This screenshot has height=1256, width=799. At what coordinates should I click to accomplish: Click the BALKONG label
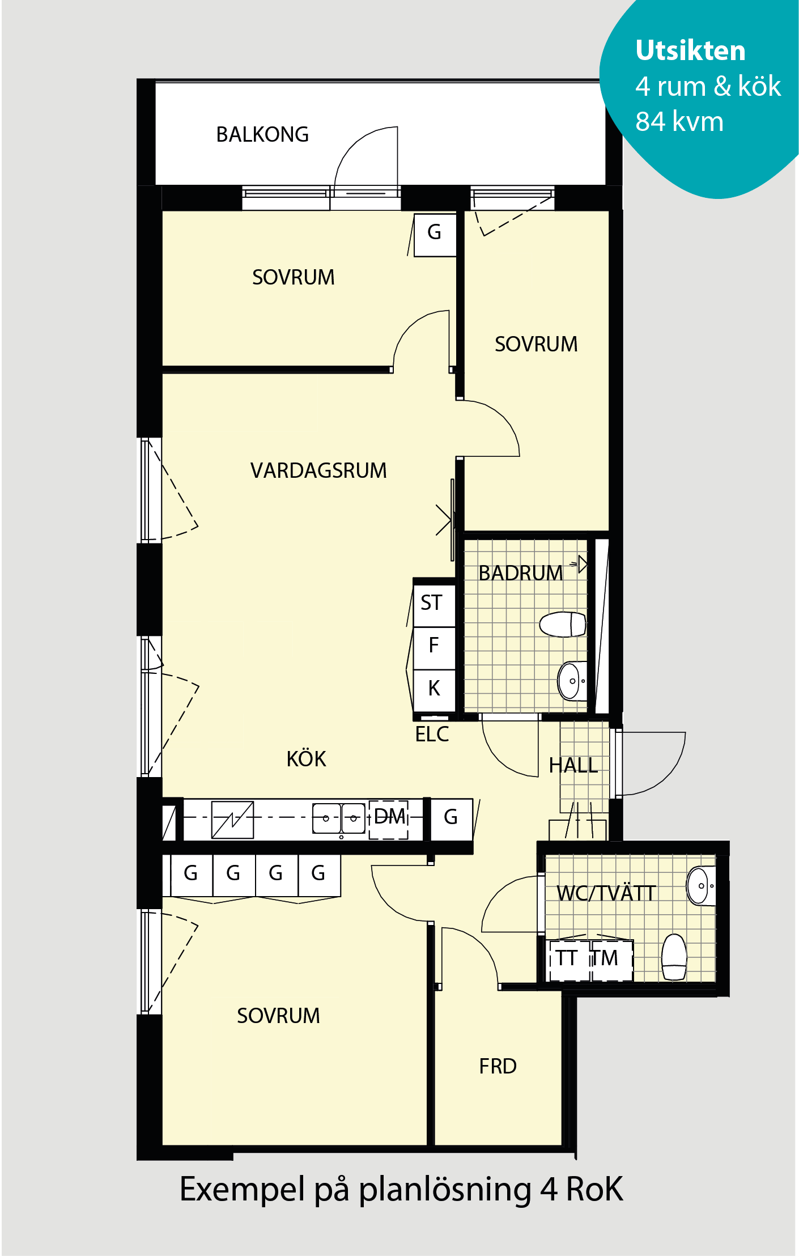tap(262, 135)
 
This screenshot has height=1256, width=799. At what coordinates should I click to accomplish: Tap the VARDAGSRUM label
tap(318, 470)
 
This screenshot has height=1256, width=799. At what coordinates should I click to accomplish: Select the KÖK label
tap(306, 758)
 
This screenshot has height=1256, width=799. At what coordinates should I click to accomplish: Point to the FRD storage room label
tap(498, 1066)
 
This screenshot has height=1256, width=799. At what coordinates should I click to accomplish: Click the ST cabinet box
tap(434, 603)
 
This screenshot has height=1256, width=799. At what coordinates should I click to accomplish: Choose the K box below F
tap(434, 689)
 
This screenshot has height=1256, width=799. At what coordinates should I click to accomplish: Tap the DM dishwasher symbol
tap(389, 819)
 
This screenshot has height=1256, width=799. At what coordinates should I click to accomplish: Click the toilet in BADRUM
tap(562, 624)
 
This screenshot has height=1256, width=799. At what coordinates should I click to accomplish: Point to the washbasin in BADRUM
tap(572, 681)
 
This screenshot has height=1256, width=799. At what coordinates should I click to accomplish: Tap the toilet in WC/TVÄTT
tap(674, 957)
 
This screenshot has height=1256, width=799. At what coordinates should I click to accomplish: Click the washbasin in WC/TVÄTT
tap(701, 885)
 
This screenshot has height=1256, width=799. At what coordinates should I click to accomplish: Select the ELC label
tap(432, 734)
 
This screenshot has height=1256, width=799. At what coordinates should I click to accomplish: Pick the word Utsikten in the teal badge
tap(690, 50)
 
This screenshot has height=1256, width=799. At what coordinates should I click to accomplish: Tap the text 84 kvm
tap(679, 121)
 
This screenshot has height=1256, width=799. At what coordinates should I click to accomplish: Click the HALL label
tap(573, 765)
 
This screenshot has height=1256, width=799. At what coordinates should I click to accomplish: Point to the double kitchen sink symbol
tap(339, 818)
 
